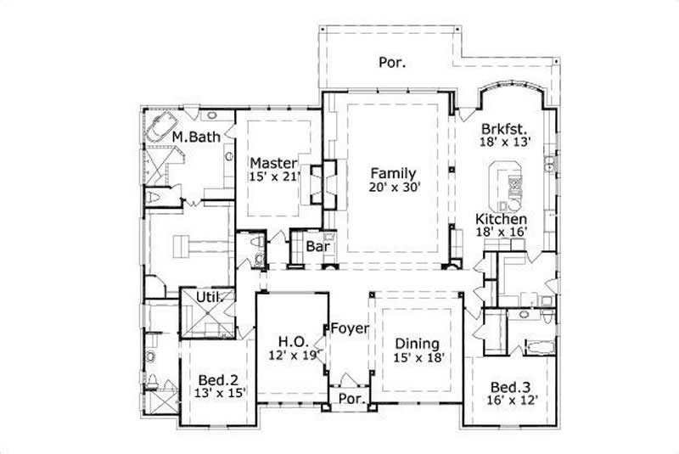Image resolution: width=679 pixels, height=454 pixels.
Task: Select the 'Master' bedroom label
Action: pyautogui.click(x=272, y=162)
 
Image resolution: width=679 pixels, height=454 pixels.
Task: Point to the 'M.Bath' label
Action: pyautogui.click(x=196, y=136)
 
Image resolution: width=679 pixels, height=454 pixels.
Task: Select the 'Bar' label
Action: pyautogui.click(x=317, y=247)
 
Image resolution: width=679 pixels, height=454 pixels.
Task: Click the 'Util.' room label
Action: pyautogui.click(x=210, y=297)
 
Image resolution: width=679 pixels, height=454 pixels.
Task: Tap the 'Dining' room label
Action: pyautogui.click(x=416, y=344)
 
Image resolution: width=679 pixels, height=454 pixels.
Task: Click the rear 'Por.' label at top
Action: pyautogui.click(x=391, y=62)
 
